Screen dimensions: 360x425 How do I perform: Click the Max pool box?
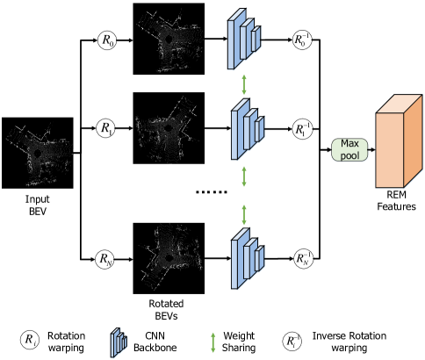350,149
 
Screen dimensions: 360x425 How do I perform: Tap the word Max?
350,143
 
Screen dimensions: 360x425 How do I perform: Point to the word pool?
350,155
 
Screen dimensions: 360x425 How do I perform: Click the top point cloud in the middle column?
170,42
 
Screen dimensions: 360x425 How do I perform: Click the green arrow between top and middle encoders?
244,84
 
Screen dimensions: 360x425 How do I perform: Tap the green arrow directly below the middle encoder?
244,175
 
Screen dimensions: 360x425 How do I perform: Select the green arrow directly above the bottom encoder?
244,213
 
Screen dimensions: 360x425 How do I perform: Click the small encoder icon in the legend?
119,342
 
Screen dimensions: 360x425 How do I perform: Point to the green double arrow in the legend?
212,342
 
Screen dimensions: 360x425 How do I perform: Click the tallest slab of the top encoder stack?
234,42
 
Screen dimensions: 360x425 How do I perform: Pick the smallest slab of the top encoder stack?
258,40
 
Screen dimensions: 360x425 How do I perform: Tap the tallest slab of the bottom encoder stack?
236,261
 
